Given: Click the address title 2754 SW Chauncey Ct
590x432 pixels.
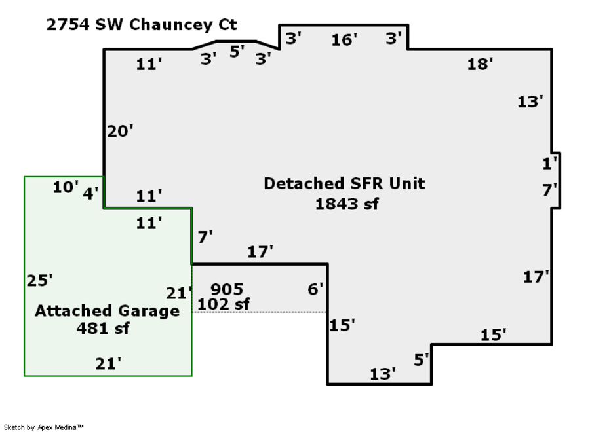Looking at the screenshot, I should point(142,25).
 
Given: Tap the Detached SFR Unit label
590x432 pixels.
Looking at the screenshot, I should point(344,184).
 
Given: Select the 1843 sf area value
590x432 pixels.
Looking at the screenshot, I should point(347,204).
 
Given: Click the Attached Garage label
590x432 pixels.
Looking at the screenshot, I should point(107,311).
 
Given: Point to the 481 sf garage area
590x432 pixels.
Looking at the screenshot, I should point(103,328).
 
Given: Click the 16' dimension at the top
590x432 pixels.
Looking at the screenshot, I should point(344,41).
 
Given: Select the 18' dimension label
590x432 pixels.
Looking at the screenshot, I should point(480,64).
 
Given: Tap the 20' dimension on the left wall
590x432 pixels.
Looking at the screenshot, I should point(120,132).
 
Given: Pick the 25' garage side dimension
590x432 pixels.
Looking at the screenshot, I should point(40,281).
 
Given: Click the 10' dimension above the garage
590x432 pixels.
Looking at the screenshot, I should point(66,188).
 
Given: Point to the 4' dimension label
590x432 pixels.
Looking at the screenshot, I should point(90,193).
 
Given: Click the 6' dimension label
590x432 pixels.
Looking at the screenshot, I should point(315,289).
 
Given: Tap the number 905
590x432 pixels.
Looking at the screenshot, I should point(227,289).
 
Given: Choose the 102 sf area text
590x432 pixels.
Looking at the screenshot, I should point(224,304).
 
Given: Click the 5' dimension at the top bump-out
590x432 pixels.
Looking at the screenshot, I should point(237,52).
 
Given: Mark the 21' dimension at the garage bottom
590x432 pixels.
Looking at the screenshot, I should point(108,364).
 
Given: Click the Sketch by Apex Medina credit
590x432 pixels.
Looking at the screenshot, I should point(43,427).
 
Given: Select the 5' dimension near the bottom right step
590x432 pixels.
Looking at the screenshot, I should point(422,359).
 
